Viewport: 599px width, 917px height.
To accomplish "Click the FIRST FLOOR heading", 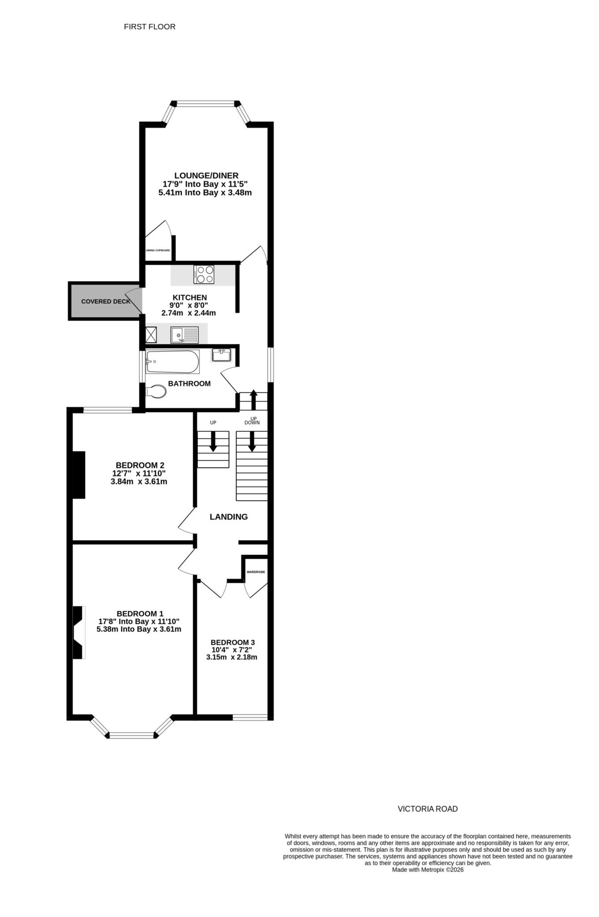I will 150,27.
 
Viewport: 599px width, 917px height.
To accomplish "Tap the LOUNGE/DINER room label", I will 206,176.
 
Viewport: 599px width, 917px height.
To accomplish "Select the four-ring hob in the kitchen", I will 204,274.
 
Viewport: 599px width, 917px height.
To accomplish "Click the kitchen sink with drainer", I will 184,334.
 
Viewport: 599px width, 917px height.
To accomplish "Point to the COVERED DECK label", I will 106,301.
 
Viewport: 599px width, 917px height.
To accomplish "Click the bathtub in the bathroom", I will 172,362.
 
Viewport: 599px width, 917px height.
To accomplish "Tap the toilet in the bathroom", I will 157,391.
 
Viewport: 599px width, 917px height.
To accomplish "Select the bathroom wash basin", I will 221,356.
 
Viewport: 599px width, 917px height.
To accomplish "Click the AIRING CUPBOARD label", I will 158,250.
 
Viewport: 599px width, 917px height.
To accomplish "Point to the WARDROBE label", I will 256,572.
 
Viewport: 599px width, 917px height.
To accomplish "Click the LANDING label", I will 229,517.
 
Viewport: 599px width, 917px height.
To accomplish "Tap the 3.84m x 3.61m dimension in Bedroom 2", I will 139,482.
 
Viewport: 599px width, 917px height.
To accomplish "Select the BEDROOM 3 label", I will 233,643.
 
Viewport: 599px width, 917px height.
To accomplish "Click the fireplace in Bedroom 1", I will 79,632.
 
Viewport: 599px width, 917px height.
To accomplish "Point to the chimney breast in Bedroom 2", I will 79,475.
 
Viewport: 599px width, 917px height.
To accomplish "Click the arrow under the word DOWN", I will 252,441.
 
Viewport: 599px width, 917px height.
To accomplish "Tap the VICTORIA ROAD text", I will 428,809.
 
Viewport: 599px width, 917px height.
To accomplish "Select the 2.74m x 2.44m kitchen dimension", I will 188,313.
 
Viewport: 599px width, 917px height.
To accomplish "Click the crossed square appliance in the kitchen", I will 151,334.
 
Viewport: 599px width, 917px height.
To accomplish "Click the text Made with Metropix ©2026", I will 428,870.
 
